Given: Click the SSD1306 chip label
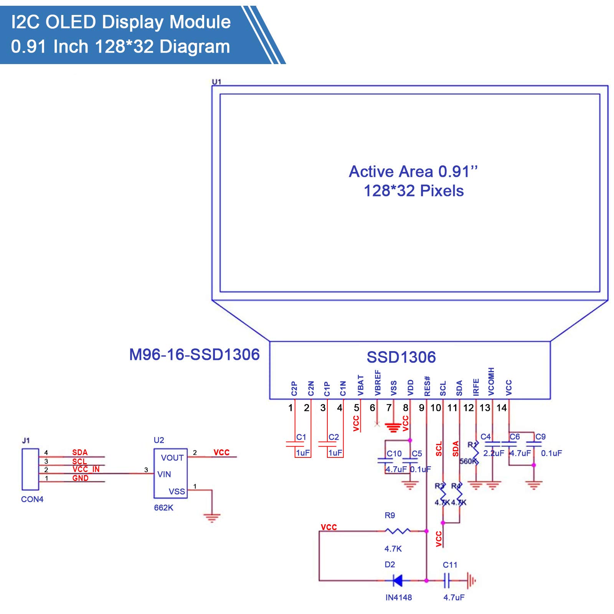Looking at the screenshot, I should (x=401, y=357).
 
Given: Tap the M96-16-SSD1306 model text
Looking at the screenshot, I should (x=194, y=355).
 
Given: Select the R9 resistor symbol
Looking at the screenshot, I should (x=397, y=531).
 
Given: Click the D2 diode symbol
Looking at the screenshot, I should (x=397, y=581).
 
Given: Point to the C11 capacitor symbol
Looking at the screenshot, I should (x=446, y=581).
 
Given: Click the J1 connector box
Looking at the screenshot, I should (x=30, y=469).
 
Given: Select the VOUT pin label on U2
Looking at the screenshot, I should (x=172, y=457).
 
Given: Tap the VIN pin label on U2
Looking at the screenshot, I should (x=164, y=474).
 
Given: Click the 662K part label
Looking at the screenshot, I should (x=163, y=508).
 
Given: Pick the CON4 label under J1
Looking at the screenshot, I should (x=32, y=499).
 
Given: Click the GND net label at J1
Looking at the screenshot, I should (x=80, y=478).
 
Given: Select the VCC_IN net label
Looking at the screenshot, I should (x=86, y=469).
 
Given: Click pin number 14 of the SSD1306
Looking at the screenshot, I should (x=502, y=408).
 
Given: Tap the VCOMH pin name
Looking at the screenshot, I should (x=492, y=381).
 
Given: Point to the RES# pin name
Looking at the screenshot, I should (x=427, y=386).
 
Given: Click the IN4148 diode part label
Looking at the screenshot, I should (x=398, y=597).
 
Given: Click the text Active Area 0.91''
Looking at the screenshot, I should (x=413, y=172).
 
